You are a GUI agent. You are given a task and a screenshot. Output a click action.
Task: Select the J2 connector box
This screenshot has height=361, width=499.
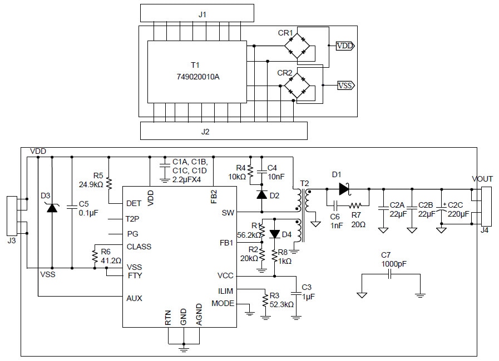[x=223, y=131]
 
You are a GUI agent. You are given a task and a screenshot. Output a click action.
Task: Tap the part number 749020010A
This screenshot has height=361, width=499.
[x=198, y=77]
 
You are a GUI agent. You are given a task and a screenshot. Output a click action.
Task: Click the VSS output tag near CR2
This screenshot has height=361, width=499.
[x=345, y=86]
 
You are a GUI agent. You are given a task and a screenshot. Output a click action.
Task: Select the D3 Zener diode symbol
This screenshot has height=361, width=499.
[x=52, y=208]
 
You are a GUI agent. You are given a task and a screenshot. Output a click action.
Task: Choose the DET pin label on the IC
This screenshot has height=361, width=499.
[x=134, y=203]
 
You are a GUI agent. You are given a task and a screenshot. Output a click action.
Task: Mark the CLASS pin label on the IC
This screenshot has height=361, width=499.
[x=139, y=247]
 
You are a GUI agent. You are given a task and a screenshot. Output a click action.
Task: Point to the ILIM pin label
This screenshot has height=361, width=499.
[x=225, y=290]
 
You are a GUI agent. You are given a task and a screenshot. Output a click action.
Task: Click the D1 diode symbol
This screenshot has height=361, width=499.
[x=344, y=189]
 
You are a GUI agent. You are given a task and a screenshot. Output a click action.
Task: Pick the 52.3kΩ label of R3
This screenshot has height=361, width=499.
[x=281, y=304]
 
